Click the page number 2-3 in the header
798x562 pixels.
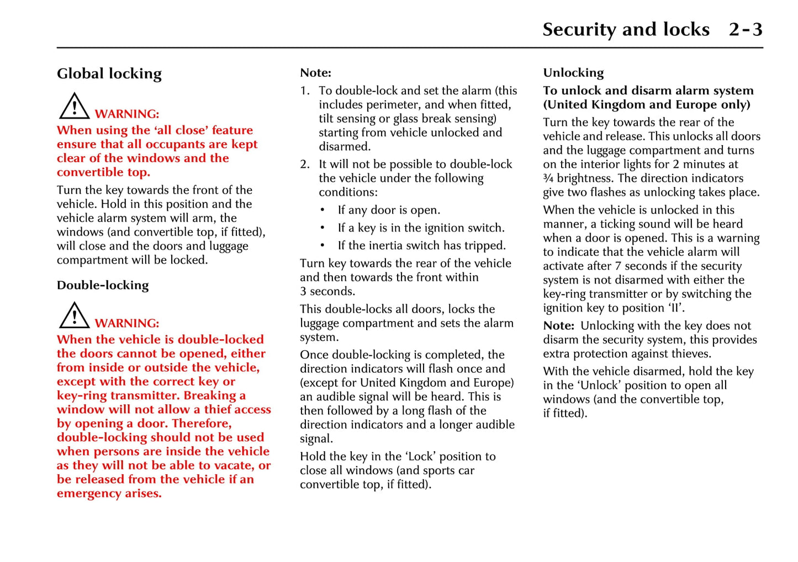745,29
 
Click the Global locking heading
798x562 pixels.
109,73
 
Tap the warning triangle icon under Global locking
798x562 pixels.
74,106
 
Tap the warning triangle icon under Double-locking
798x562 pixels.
74,315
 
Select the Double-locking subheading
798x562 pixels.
103,285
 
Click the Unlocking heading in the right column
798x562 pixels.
573,73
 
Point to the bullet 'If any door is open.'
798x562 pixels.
389,210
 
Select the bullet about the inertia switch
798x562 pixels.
421,245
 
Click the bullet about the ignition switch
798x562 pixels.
421,228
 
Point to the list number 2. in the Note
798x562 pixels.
305,164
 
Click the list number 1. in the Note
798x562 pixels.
305,90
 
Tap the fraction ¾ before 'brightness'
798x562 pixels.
548,178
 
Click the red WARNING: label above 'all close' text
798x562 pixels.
127,114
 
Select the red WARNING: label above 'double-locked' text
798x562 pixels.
127,323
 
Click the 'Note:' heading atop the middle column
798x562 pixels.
315,73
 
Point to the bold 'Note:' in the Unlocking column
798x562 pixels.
558,326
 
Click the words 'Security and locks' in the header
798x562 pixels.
626,29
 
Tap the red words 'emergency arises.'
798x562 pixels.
109,494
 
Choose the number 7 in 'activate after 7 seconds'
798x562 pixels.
618,266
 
